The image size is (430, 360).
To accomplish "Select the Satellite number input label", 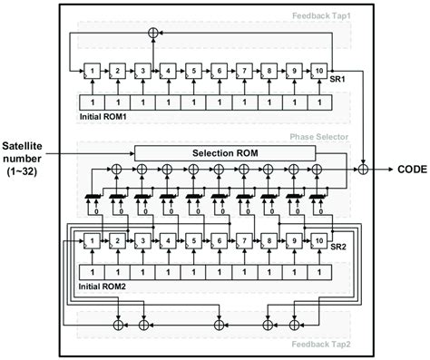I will (x=32, y=161).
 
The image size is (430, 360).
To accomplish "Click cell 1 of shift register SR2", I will (x=92, y=242).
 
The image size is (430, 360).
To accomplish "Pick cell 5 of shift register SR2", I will (x=191, y=242).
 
